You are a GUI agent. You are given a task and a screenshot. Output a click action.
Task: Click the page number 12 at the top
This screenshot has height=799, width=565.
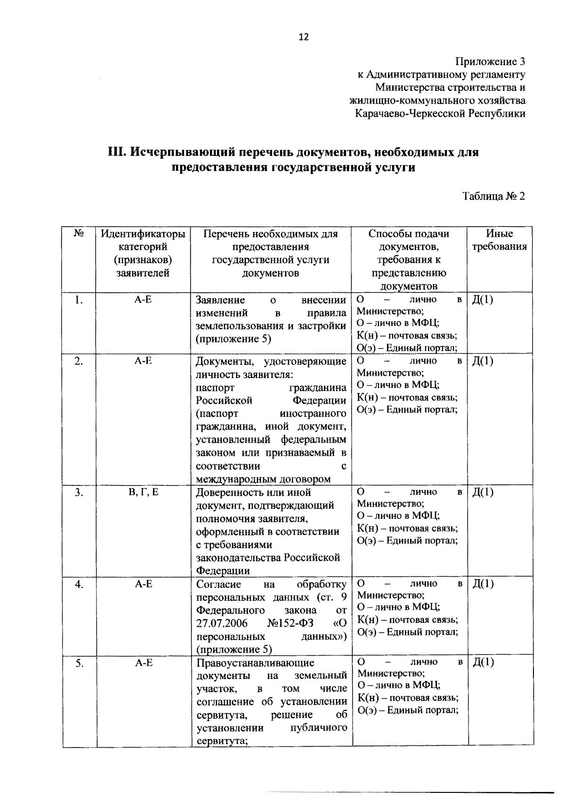point(304,37)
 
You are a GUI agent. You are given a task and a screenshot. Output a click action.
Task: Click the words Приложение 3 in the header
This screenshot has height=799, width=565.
point(490,62)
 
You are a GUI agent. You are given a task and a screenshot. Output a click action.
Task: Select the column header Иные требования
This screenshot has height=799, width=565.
point(500,240)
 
